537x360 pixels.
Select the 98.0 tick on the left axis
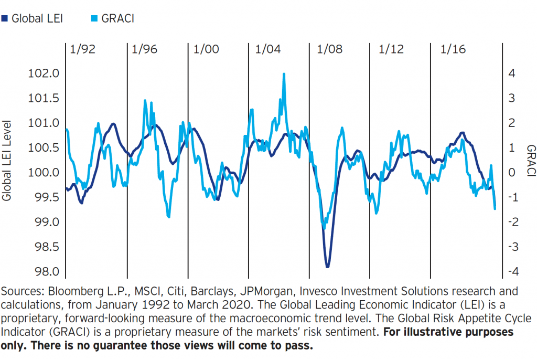pyautogui.click(x=44, y=272)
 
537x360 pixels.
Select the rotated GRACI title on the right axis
pyautogui.click(x=530, y=161)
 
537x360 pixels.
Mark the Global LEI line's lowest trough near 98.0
pyautogui.click(x=328, y=267)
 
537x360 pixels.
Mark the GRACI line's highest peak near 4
pyautogui.click(x=284, y=74)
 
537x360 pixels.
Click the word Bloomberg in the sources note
pyautogui.click(x=70, y=292)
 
